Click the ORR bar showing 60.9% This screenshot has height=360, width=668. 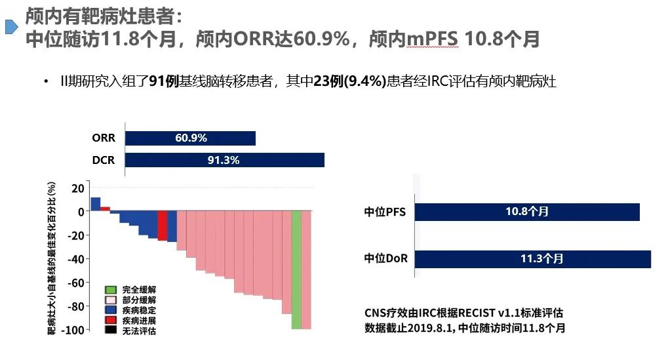(x=190, y=138)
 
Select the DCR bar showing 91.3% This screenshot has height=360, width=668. (x=224, y=160)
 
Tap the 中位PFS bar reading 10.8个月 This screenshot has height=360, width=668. (x=526, y=212)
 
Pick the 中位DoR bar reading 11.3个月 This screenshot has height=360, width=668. (x=532, y=258)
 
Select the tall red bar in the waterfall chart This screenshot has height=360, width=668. (x=162, y=226)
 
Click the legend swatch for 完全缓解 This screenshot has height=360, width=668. (x=111, y=289)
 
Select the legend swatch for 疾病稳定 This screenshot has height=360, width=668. (x=111, y=310)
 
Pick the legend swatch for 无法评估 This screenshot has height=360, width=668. (x=111, y=330)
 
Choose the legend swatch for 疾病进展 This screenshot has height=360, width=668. (x=111, y=320)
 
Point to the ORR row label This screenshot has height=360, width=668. (x=104, y=138)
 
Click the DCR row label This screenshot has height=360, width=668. (x=104, y=160)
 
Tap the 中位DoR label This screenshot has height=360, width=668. (x=385, y=258)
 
